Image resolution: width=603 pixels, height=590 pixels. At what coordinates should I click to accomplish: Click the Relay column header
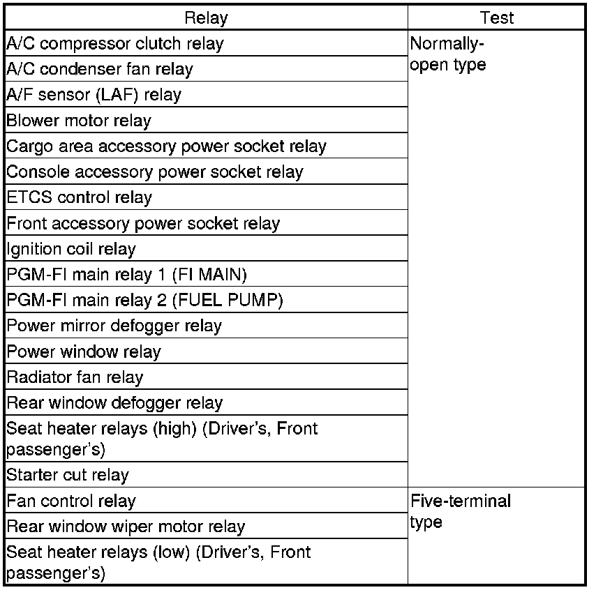click(206, 17)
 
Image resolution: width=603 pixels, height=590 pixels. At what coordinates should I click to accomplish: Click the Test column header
click(496, 17)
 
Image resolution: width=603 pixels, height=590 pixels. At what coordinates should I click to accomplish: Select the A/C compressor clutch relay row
click(115, 43)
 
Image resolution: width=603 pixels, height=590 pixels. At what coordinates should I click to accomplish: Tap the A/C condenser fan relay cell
click(100, 69)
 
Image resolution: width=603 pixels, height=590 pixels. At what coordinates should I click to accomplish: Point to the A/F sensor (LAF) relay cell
click(94, 95)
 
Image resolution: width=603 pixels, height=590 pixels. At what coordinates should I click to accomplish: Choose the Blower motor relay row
click(79, 121)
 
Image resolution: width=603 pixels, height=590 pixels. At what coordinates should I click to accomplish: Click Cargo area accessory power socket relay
click(166, 146)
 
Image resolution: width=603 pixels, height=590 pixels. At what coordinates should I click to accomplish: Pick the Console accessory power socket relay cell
click(155, 172)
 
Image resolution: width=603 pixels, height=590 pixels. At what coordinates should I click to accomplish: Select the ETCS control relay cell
click(79, 197)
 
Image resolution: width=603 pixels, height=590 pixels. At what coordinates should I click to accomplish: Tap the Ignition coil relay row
click(71, 249)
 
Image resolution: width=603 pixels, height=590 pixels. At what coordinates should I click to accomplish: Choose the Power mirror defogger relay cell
click(114, 326)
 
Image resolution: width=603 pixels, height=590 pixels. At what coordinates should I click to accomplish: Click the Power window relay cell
click(84, 351)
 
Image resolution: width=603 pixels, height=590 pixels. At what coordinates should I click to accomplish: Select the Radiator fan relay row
click(75, 377)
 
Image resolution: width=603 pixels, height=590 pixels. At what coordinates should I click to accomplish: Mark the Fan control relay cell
click(71, 501)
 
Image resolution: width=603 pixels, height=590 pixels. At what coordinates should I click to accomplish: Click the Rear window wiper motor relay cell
click(126, 527)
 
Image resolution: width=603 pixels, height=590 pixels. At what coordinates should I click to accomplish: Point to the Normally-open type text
click(448, 54)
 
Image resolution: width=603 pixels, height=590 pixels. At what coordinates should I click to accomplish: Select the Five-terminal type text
click(461, 511)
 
